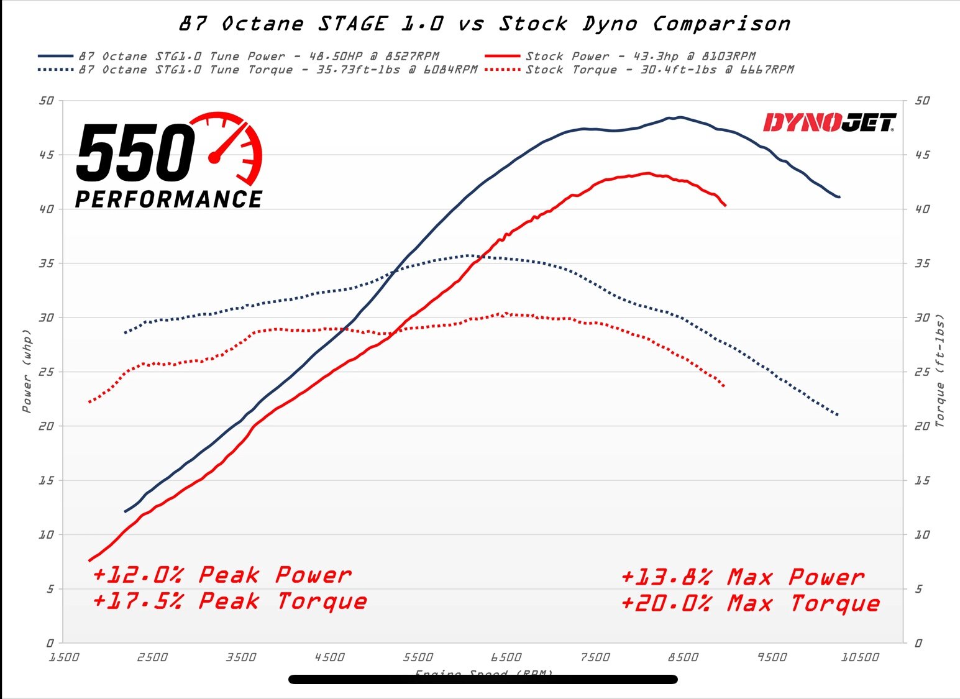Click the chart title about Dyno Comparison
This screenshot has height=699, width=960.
pos(485,24)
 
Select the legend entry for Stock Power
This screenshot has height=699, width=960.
pos(640,56)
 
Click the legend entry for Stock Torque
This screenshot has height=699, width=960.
pos(659,70)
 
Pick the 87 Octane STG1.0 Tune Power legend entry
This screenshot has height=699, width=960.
pos(258,56)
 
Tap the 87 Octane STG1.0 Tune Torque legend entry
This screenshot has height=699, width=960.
pos(277,70)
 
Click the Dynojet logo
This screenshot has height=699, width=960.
pos(830,122)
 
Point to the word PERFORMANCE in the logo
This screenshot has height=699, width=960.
pos(168,199)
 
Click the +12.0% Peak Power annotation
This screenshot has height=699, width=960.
pos(222,575)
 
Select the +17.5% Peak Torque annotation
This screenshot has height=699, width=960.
pos(229,601)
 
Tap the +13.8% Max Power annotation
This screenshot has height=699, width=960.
pos(742,577)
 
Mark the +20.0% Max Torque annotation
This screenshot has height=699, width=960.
pos(750,603)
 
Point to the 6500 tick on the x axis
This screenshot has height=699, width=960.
pos(506,657)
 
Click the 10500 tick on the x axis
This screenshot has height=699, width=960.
pos(860,657)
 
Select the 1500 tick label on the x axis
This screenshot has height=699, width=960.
pos(64,657)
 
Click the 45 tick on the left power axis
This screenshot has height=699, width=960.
pos(47,155)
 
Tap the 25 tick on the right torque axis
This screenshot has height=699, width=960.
pos(922,372)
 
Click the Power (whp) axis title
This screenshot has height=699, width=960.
pos(27,371)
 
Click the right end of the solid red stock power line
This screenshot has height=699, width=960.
pos(725,205)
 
